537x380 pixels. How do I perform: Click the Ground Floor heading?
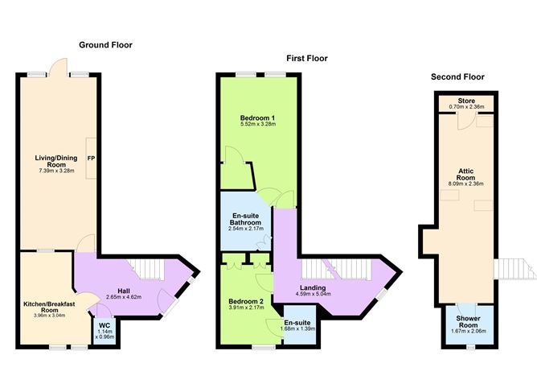pos(105,45)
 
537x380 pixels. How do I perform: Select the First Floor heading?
pos(306,58)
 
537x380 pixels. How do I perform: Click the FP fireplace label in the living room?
pos(91,158)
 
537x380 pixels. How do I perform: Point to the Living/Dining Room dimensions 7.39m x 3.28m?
pos(55,171)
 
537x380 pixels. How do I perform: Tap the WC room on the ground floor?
pos(105,331)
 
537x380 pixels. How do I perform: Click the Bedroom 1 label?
pos(257,118)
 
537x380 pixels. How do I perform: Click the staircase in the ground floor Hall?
pos(147,267)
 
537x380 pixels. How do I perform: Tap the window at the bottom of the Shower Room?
pos(469,346)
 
